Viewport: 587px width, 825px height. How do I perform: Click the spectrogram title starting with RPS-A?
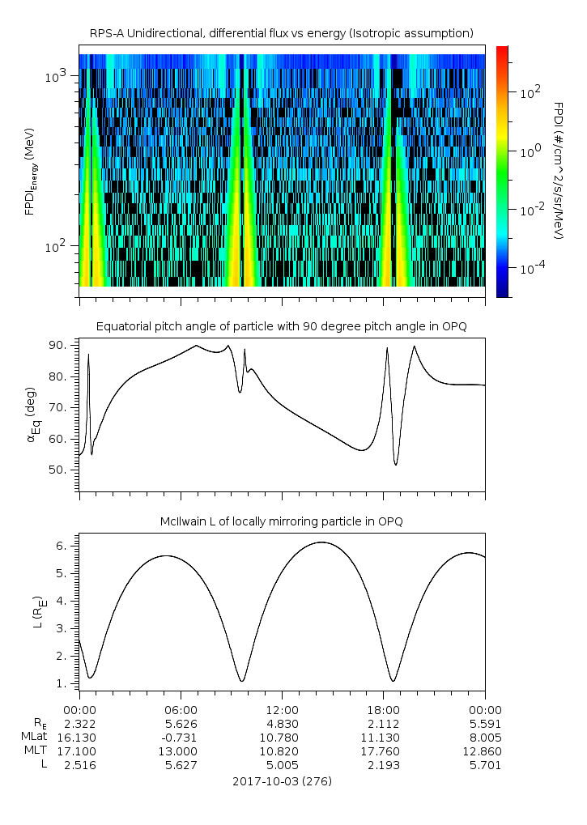(282, 32)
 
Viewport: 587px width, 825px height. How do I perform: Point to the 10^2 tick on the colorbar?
(525, 92)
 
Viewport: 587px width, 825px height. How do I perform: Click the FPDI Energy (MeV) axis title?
(30, 172)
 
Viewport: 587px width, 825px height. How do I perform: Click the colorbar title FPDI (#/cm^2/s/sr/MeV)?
(558, 170)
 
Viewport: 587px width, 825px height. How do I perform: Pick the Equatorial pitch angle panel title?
(282, 326)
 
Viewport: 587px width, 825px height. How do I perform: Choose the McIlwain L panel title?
(282, 521)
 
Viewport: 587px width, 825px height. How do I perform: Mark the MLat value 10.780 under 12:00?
(282, 738)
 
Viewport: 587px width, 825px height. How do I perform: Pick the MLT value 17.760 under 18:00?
(383, 751)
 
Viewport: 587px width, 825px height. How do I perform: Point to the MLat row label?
(36, 738)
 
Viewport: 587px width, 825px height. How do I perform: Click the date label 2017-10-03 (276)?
(282, 781)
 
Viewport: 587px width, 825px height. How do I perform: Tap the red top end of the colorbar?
(502, 50)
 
